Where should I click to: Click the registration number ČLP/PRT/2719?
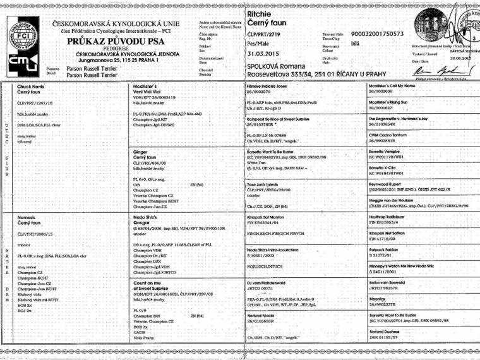pos(264,33)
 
